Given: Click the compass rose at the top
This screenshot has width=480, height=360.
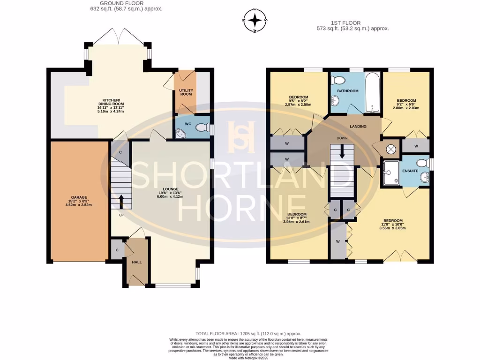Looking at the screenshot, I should coord(255,20).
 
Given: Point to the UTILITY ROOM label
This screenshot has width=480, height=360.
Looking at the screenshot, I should coord(186,92).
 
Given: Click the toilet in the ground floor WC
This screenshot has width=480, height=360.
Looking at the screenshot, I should coord(202,127).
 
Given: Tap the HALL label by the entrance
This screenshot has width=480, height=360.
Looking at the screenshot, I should coord(136,262).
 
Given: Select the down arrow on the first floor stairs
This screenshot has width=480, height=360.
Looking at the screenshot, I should coord(342,151).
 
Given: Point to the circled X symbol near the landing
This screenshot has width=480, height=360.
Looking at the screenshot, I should coord(390,150).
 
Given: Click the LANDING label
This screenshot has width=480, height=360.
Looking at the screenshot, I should coord(358,127).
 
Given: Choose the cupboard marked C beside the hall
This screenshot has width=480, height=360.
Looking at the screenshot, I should coord(117,249).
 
